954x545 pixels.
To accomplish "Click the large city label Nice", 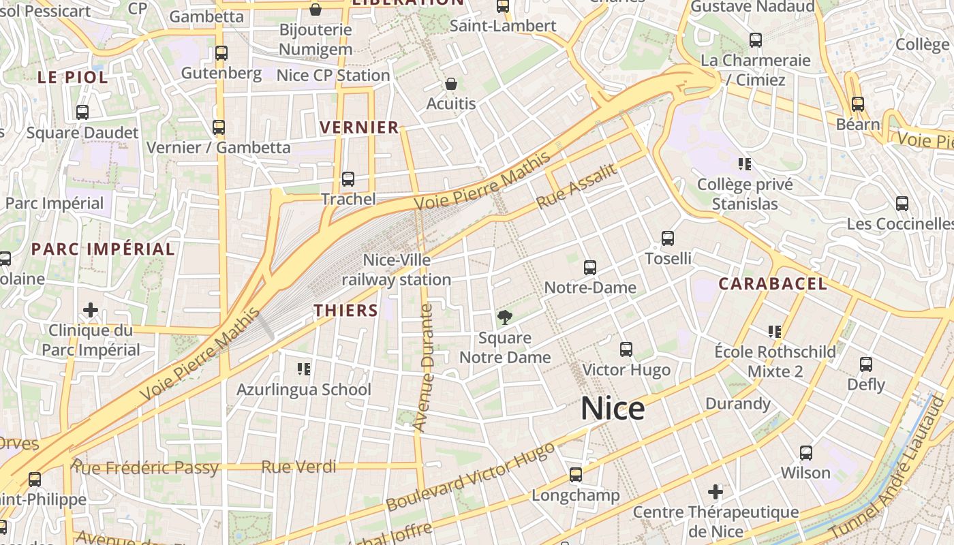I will [613, 409].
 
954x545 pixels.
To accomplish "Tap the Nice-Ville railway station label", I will [397, 270].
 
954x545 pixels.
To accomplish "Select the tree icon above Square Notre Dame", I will [505, 317].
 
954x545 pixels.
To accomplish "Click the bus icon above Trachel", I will [348, 179].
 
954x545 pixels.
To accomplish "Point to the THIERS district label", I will [345, 311].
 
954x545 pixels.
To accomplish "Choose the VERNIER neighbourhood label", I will [359, 127].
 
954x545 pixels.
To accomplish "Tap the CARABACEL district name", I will [773, 284].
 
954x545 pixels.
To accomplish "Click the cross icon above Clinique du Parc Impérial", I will [91, 311].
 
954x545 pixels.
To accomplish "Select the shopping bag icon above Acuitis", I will [450, 84].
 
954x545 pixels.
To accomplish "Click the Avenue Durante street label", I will [424, 368].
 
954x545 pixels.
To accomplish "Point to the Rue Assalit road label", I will [576, 187].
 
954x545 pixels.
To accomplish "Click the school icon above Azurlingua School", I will [304, 369].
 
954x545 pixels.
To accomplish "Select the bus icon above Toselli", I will [668, 238].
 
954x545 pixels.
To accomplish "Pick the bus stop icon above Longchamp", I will [576, 475].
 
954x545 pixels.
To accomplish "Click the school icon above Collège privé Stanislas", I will [745, 164].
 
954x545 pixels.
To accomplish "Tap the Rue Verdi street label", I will [299, 467].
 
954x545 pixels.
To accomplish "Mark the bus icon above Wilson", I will [805, 453].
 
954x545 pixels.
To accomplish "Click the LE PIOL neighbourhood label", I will [73, 78].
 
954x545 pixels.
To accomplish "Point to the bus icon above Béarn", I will [858, 104].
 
